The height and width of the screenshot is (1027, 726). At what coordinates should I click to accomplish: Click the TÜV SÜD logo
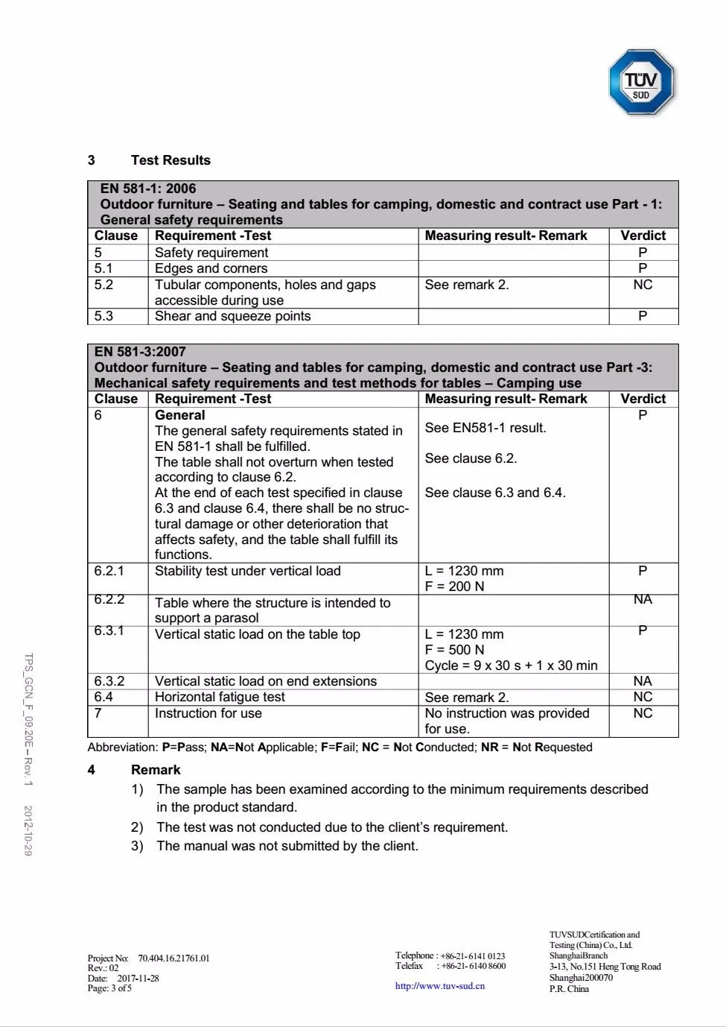tap(641, 82)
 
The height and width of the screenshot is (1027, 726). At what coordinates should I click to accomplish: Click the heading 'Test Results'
tap(171, 160)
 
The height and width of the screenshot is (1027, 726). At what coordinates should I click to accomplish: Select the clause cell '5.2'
tap(104, 285)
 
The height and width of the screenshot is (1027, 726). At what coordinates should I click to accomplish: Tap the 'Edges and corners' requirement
tap(211, 268)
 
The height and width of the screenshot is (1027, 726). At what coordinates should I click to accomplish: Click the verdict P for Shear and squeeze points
tap(643, 316)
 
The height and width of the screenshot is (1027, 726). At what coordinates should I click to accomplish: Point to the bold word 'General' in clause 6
tap(179, 415)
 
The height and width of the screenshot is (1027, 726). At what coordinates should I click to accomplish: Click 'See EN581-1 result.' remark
tap(485, 428)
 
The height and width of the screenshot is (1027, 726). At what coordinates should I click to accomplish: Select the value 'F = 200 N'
tap(454, 587)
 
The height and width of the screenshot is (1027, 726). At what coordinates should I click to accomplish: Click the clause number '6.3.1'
tap(109, 631)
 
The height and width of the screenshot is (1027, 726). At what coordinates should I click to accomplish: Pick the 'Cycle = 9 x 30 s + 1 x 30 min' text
tap(511, 666)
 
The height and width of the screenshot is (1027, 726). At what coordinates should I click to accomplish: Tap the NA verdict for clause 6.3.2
tap(643, 681)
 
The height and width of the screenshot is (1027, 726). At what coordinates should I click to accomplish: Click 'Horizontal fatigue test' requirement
tap(220, 697)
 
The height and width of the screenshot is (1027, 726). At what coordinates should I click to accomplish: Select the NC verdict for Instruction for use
tap(643, 713)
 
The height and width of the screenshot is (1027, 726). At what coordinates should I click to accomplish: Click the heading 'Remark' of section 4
tap(156, 770)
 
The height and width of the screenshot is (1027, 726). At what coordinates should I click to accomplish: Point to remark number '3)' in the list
tap(137, 846)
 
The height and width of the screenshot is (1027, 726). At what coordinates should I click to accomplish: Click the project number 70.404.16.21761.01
tap(173, 958)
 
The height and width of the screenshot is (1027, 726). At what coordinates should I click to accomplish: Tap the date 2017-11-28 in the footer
tap(138, 979)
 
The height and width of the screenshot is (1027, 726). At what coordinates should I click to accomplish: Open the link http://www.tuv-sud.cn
tap(439, 986)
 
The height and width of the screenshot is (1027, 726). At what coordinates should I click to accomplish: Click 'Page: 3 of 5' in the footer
tap(109, 988)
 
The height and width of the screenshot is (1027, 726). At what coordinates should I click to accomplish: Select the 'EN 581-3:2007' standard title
tap(140, 352)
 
